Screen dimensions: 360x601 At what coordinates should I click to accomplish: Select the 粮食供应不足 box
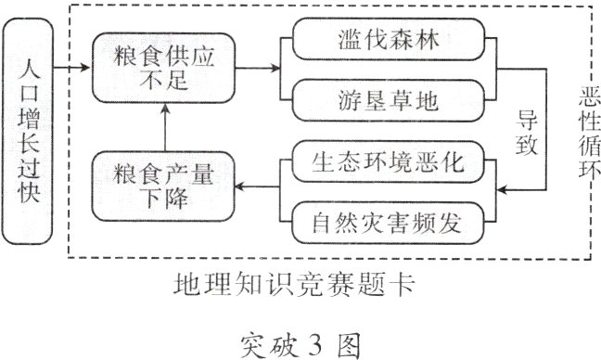163,68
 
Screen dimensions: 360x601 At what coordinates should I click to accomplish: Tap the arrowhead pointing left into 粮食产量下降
239,188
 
